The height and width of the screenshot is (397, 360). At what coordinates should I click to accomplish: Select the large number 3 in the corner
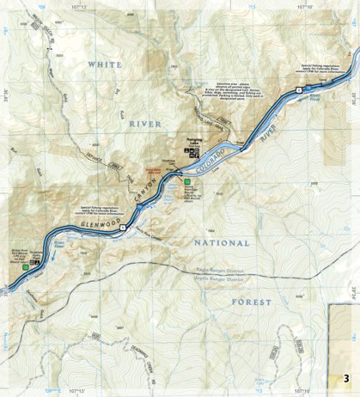point(345,379)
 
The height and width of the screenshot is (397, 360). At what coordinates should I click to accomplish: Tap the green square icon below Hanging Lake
point(186,181)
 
